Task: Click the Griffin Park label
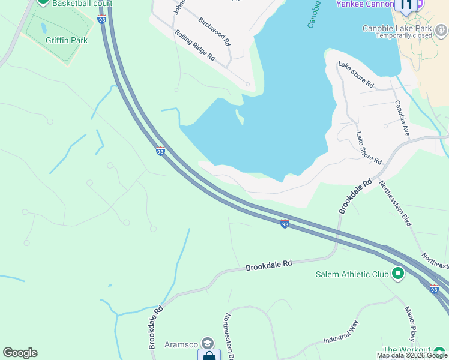[67, 40]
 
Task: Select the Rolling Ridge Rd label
[195, 46]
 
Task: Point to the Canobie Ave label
[402, 117]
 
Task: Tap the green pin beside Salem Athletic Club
[397, 275]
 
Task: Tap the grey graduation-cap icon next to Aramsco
[208, 343]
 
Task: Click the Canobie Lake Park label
[397, 28]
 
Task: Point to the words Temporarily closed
[404, 35]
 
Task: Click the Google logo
[20, 353]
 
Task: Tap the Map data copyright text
[412, 356]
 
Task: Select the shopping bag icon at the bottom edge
[208, 356]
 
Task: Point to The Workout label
[407, 350]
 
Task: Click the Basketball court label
[73, 3]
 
